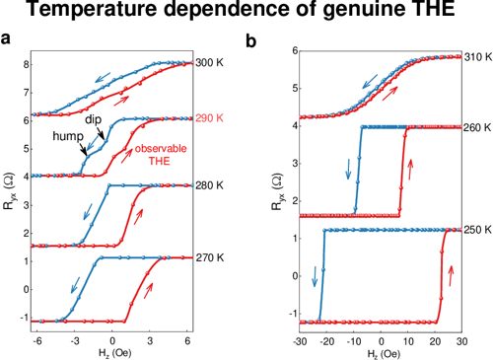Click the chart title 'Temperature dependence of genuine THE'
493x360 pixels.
pos(246,13)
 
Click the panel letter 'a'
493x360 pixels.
pos(8,42)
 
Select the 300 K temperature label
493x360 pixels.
pos(210,62)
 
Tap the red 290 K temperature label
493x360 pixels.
pos(210,117)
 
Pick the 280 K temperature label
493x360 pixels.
pos(210,184)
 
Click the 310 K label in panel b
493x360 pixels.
pos(477,56)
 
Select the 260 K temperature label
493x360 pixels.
pos(477,126)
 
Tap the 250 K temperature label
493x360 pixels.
pos(477,229)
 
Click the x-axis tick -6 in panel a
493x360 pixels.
pos(36,339)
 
